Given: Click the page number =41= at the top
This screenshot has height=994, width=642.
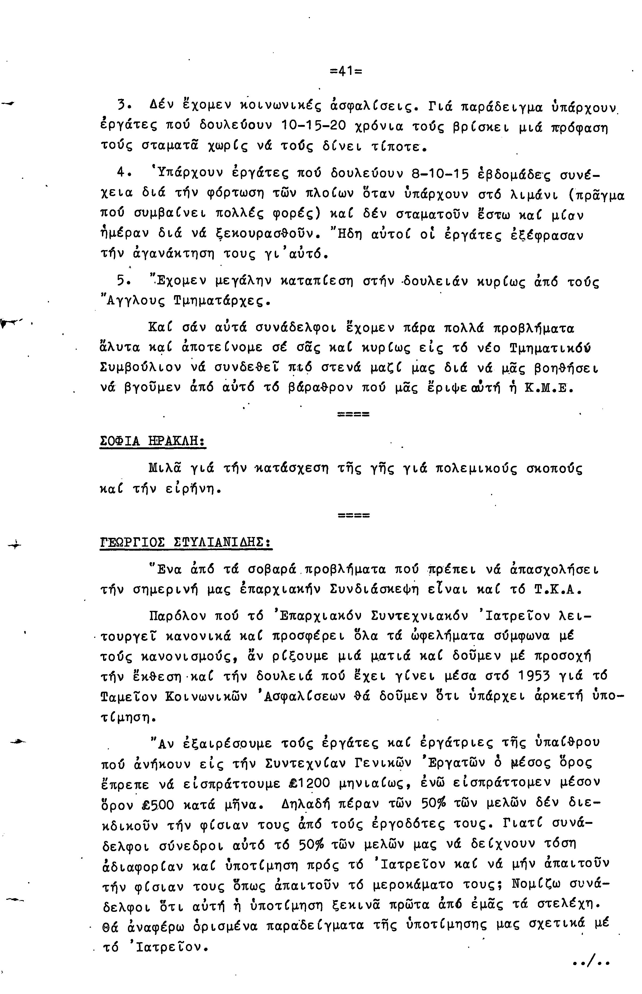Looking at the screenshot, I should click(x=345, y=71).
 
